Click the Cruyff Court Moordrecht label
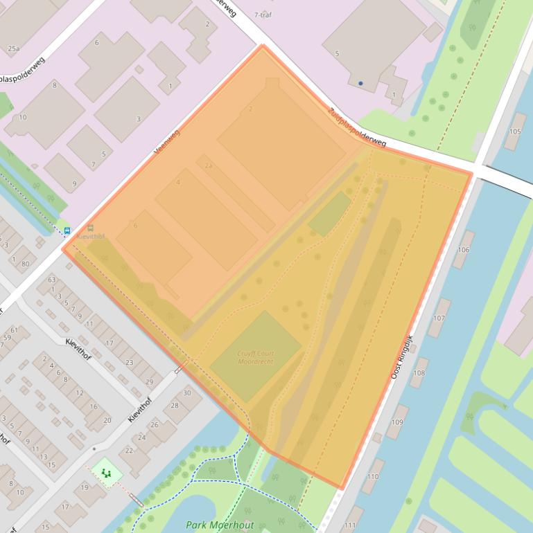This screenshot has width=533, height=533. coord(255,357)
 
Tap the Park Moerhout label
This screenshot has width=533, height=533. coord(220,525)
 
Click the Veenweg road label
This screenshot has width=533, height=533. coord(166,141)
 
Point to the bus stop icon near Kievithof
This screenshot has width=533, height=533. coord(67,231)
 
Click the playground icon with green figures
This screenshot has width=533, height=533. coord(107,473)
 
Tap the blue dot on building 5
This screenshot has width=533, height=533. coord(360,83)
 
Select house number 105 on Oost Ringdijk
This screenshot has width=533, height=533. coord(514,132)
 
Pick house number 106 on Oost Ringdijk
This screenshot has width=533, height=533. coord(464,250)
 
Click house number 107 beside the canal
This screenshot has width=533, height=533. coord(439,318)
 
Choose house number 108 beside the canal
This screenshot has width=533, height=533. coord(418,373)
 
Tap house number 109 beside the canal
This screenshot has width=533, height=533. coord(397,422)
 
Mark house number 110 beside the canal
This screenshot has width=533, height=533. coord(373,476)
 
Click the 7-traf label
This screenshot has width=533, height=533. coord(263,15)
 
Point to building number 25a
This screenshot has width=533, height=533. coord(13,48)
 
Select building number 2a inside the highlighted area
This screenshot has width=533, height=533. coord(207,165)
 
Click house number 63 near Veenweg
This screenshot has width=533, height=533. coord(51,280)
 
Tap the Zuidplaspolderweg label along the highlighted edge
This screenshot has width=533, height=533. coord(357,127)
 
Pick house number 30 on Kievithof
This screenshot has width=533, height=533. coord(186,392)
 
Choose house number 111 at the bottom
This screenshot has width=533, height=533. coord(349,526)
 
